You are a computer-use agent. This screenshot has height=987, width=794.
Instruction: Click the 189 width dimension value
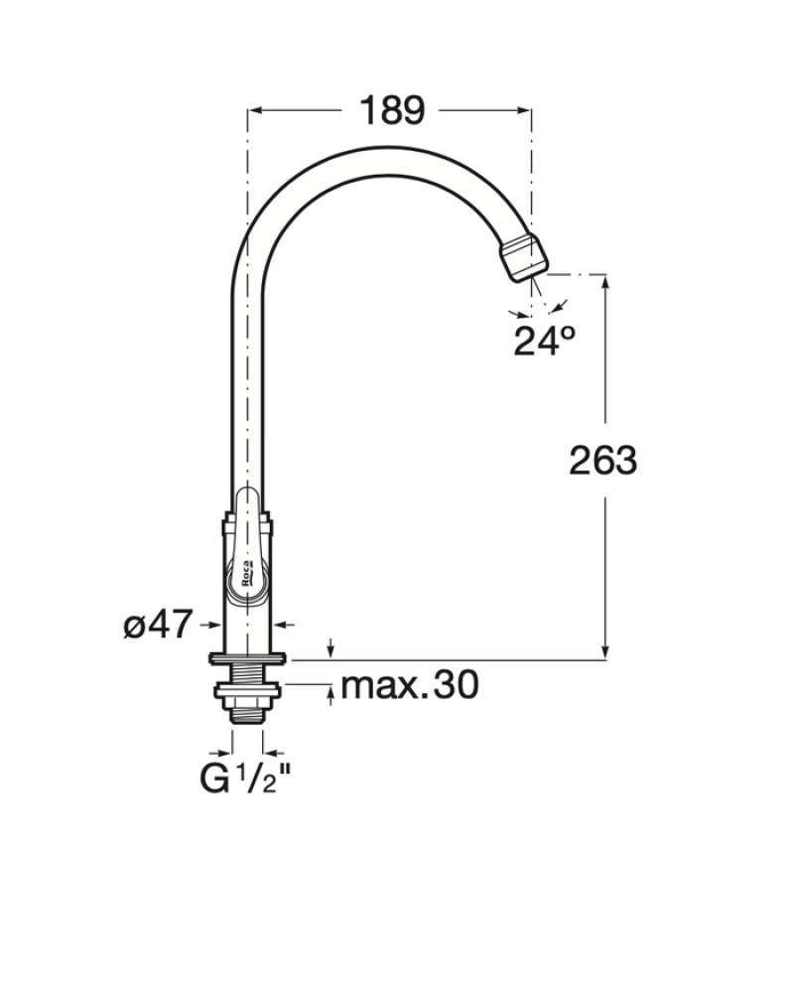(x=391, y=110)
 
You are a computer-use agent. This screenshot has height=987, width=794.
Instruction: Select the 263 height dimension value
(x=602, y=461)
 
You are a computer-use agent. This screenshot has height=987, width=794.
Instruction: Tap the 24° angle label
(x=545, y=340)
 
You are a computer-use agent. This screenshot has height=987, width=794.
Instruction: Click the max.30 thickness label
(x=409, y=684)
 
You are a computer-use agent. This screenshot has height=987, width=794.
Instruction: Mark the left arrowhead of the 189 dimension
(x=253, y=111)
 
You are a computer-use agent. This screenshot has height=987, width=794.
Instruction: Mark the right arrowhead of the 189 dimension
(x=525, y=111)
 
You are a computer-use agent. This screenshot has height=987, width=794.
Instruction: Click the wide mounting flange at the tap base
(x=247, y=658)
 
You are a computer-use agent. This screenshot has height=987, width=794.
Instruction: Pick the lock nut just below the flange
(x=247, y=682)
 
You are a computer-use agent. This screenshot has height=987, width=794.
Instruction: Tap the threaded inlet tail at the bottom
(x=247, y=708)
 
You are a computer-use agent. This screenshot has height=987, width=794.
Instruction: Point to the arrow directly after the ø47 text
(x=211, y=625)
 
